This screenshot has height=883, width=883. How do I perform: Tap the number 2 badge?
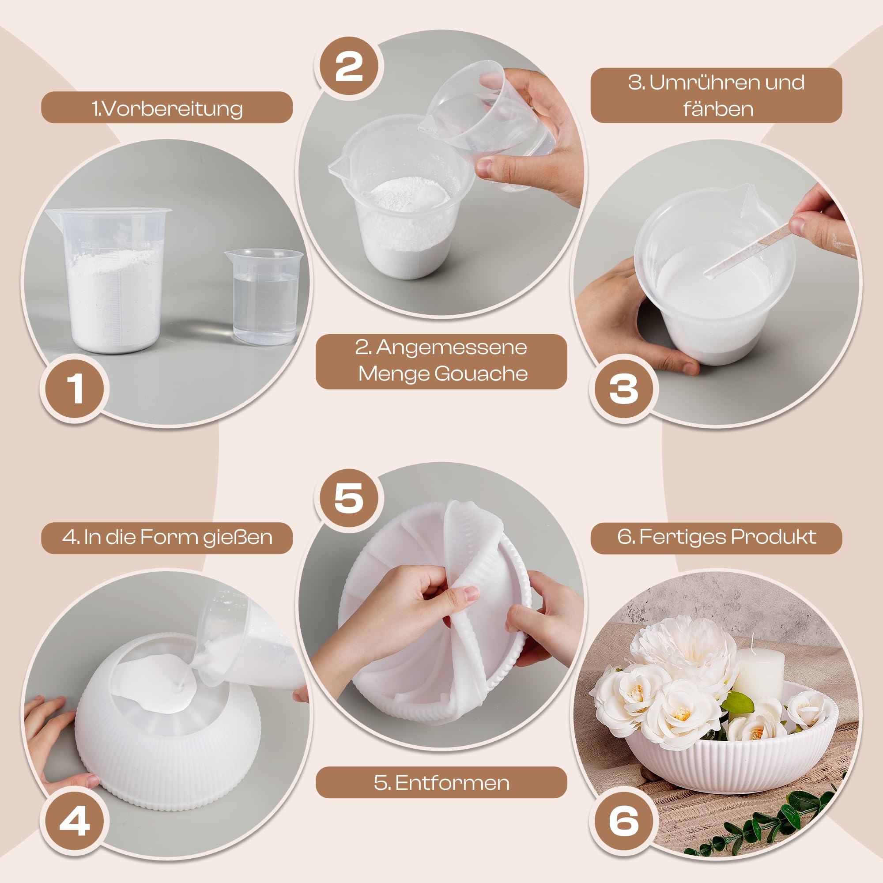[x=349, y=66]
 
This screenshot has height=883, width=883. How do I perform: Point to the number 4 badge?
[x=74, y=821]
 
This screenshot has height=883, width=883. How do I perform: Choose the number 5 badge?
[x=349, y=498]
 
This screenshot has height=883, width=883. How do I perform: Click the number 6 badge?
[x=623, y=821]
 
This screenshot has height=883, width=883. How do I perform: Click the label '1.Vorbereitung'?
[x=167, y=108]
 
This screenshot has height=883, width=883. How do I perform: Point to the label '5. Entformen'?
[x=441, y=783]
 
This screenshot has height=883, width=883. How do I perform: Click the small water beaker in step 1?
[x=264, y=297]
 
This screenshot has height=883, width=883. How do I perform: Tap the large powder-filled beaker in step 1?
[x=109, y=280]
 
